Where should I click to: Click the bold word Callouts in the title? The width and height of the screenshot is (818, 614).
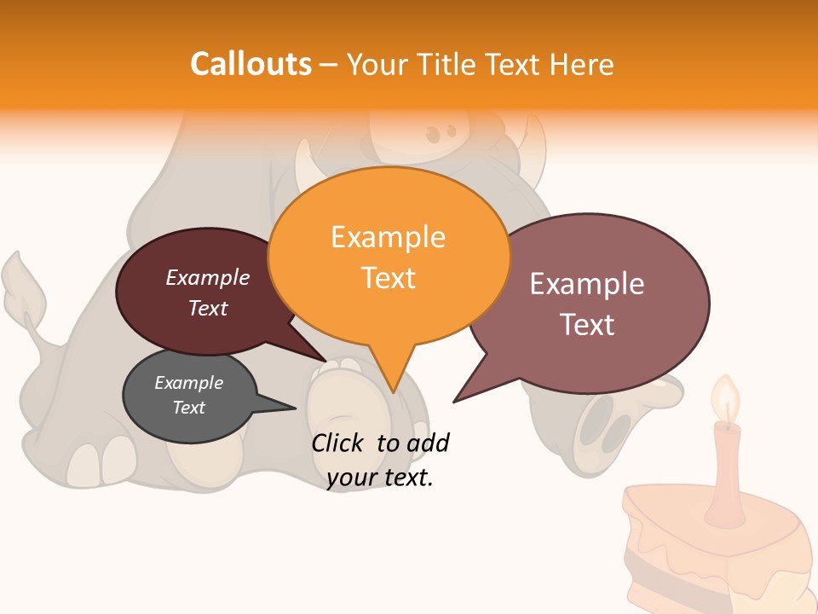[251, 64]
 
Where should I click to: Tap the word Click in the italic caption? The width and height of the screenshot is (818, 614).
[338, 443]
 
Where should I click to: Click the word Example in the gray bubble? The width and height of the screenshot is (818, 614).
[188, 383]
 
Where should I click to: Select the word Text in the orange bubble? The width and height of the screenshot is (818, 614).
[389, 278]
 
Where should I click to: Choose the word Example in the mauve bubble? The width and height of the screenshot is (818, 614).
[587, 284]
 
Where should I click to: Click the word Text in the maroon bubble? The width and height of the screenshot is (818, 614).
[208, 308]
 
